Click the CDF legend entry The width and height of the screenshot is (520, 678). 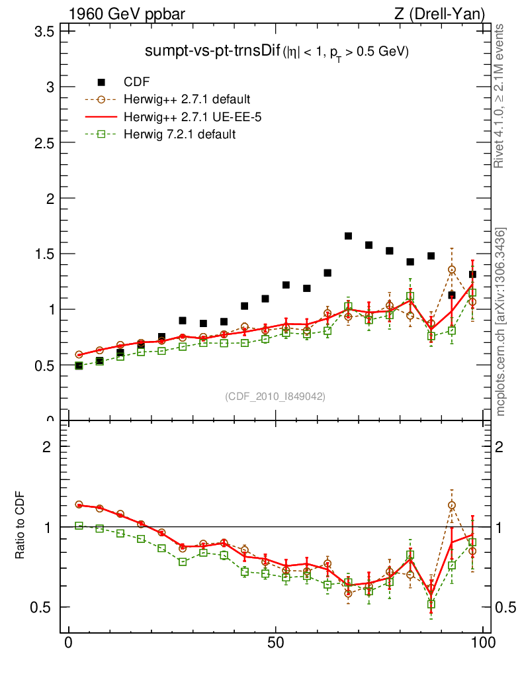[x=137, y=82]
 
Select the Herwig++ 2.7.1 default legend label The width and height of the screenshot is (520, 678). [x=187, y=100]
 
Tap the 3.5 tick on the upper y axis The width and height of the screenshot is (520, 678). [x=44, y=32]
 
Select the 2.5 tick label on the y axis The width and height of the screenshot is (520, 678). [x=44, y=143]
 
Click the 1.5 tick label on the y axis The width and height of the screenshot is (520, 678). [x=44, y=254]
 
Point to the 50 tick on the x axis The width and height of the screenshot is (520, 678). [x=277, y=643]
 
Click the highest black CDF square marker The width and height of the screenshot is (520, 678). [x=348, y=236]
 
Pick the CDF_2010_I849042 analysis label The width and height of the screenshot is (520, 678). [x=275, y=396]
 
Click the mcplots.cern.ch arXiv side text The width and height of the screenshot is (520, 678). [x=501, y=321]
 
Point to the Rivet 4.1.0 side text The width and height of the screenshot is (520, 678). [x=501, y=96]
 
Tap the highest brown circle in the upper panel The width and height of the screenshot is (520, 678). [x=452, y=269]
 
